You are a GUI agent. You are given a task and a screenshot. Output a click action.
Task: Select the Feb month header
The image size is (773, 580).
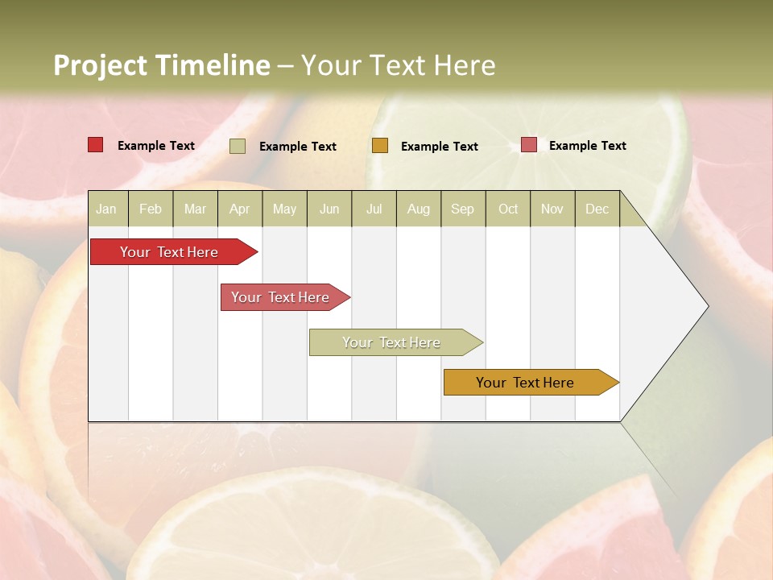[151, 209]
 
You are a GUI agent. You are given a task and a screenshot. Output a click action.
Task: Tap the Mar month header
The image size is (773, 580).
[195, 209]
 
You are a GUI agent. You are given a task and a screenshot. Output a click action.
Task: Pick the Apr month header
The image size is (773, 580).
[240, 209]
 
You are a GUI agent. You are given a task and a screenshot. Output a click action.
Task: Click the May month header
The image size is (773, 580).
[284, 209]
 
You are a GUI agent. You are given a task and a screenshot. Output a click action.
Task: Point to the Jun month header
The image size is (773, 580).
[329, 209]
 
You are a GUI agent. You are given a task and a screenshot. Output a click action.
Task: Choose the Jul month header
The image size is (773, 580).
[374, 209]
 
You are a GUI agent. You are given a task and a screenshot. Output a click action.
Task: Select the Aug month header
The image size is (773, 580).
[419, 209]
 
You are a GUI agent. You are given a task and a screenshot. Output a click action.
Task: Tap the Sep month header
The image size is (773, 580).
[463, 209]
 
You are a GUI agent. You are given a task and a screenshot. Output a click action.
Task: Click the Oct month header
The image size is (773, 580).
[508, 209]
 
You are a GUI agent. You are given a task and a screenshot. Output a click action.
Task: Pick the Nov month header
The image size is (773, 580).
[552, 209]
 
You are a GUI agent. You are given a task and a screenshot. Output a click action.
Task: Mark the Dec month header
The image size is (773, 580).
[597, 209]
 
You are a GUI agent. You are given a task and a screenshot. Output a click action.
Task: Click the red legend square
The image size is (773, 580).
[96, 145]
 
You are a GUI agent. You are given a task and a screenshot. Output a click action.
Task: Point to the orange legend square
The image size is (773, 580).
[380, 145]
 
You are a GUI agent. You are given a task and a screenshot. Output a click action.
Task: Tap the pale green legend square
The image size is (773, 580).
[238, 146]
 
